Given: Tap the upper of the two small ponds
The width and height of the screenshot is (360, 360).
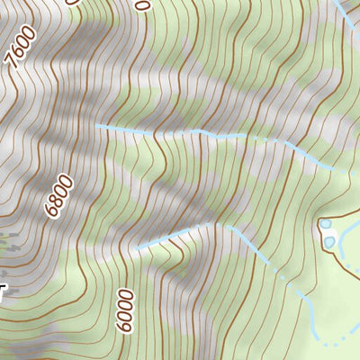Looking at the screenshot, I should click(x=325, y=224).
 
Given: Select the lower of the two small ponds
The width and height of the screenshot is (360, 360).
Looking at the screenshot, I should click(x=330, y=241).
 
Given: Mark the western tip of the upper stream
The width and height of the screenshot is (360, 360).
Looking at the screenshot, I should click(x=98, y=127).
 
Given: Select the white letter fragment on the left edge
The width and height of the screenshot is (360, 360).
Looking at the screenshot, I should click(x=4, y=290).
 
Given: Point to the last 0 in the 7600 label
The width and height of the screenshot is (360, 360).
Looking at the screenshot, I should click(x=31, y=33).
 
